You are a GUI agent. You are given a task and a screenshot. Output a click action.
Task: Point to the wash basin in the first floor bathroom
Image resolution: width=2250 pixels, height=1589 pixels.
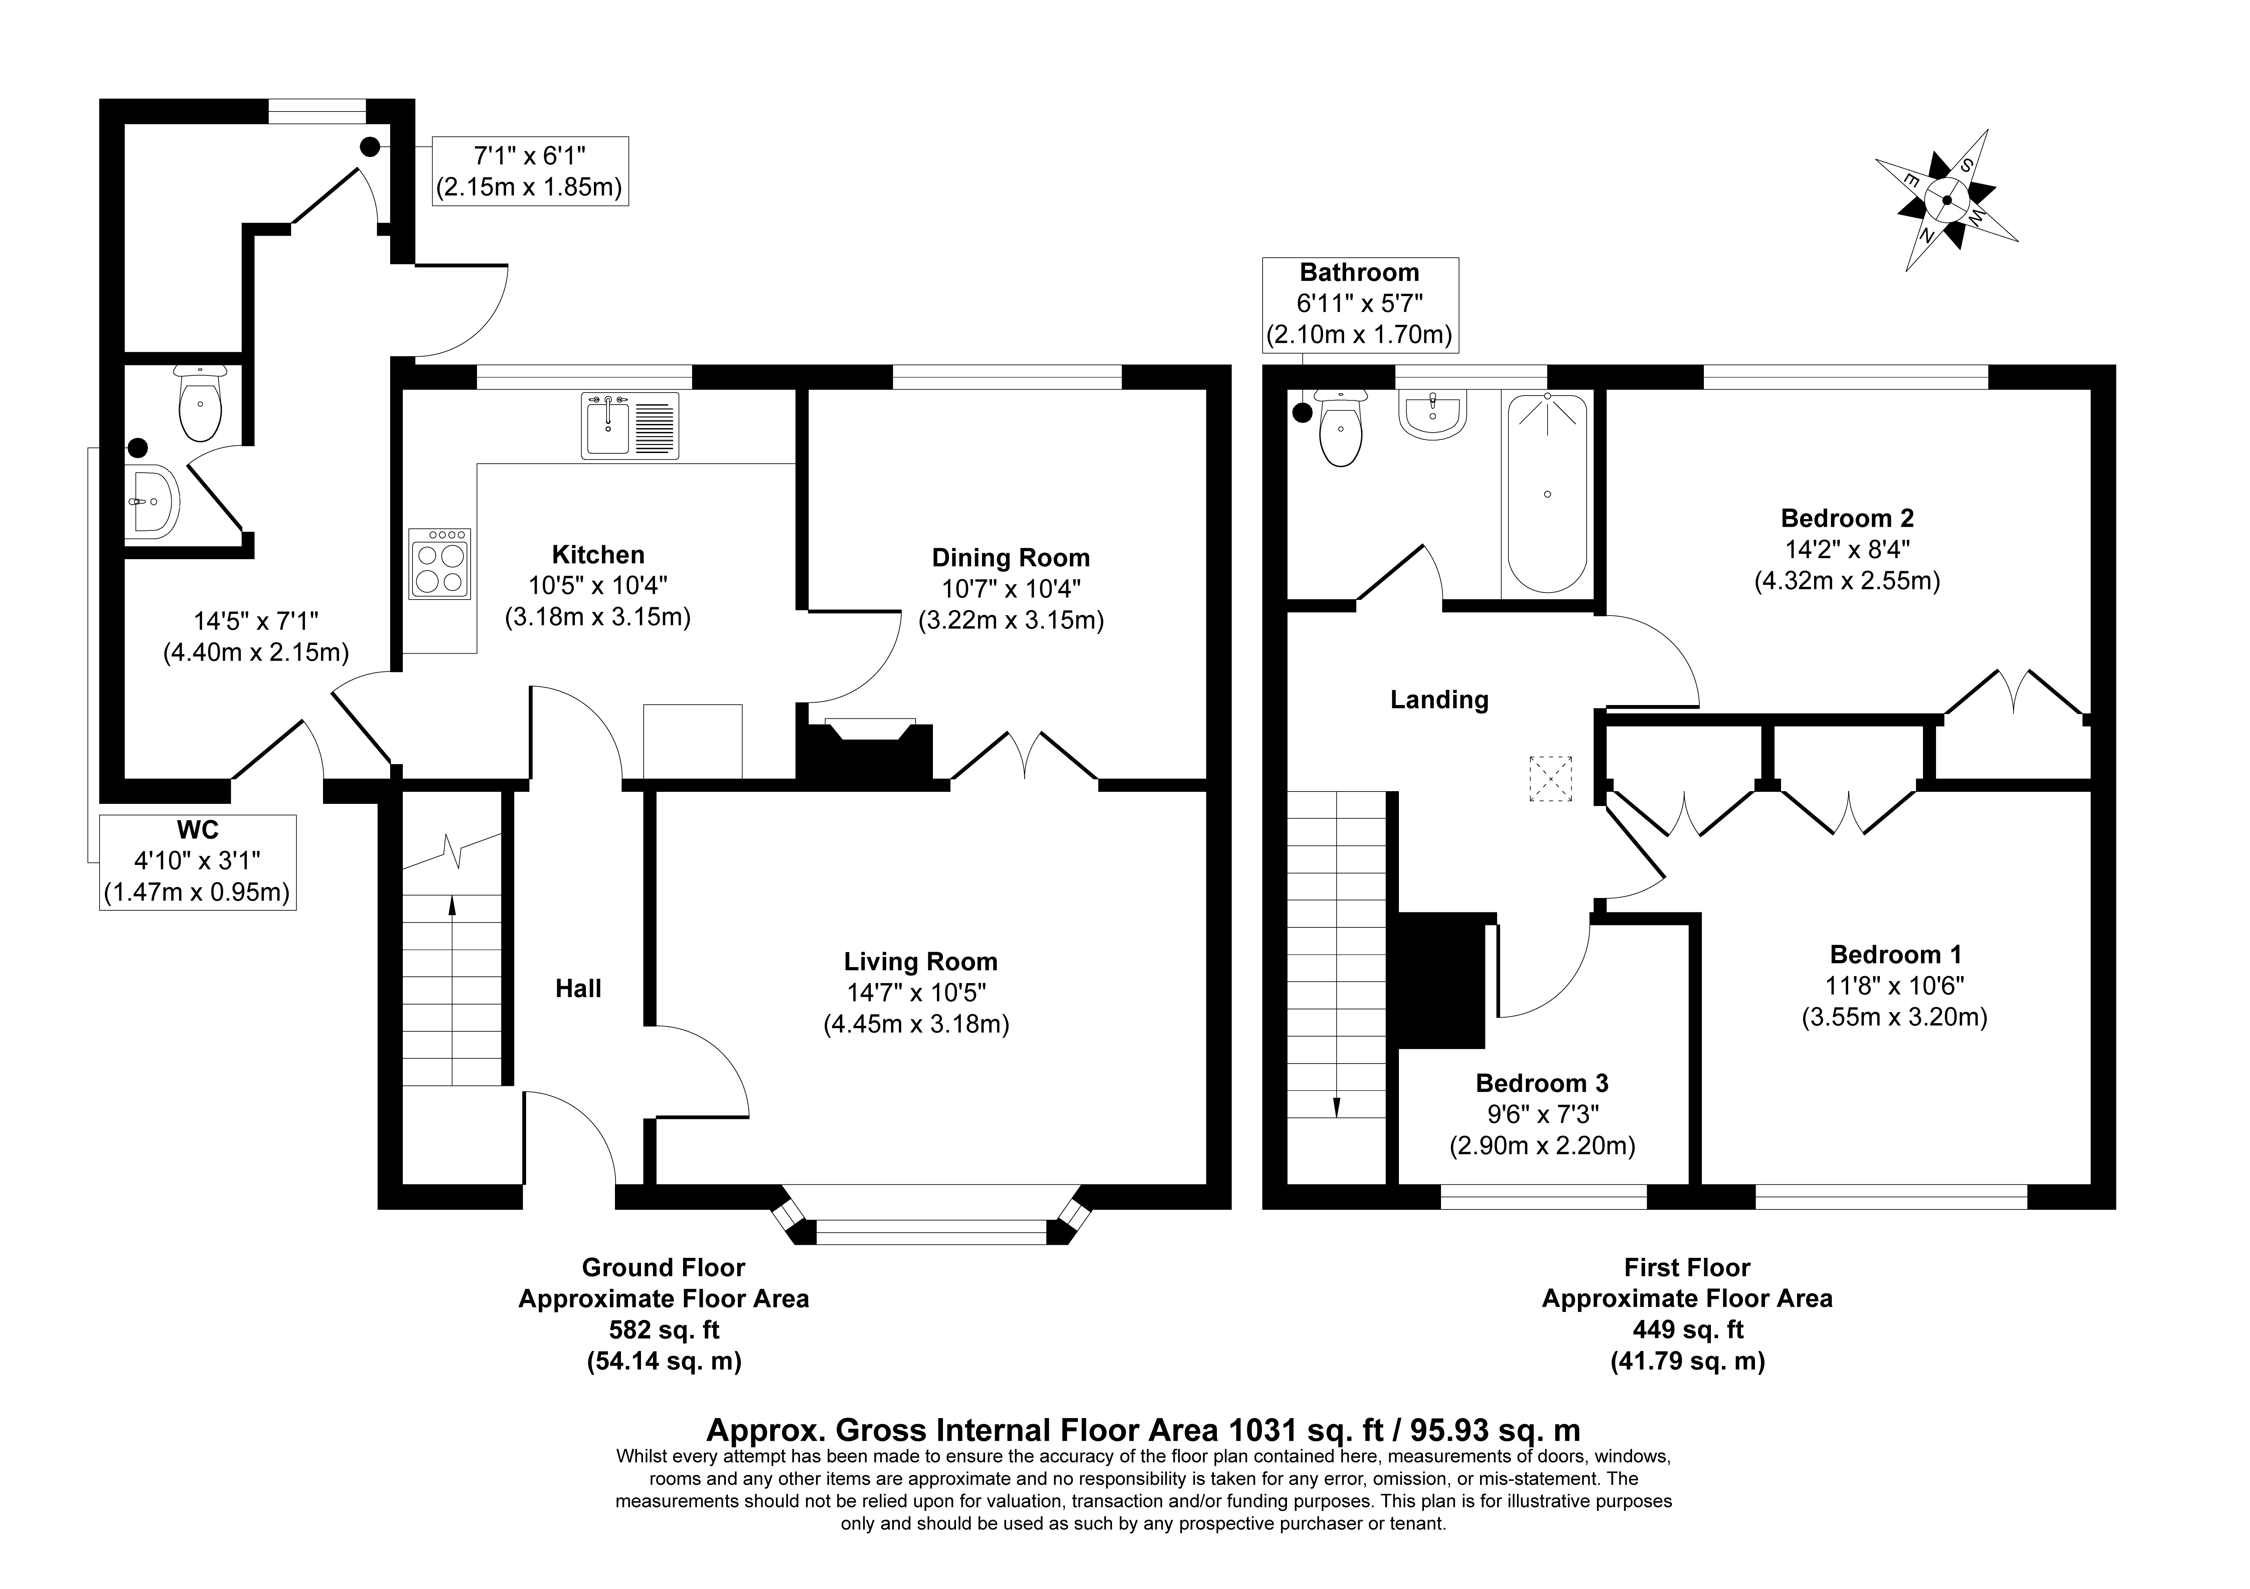tap(1434, 414)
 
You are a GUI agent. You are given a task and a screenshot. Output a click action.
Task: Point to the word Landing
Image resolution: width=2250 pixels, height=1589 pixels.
tap(1439, 699)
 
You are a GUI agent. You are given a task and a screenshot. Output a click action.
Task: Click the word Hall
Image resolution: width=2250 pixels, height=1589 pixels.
tap(578, 988)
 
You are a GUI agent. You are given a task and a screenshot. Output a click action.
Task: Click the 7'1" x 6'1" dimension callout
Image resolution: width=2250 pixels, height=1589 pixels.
tap(530, 171)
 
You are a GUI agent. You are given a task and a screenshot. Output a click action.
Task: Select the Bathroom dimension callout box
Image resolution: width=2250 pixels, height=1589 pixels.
tap(1359, 305)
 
